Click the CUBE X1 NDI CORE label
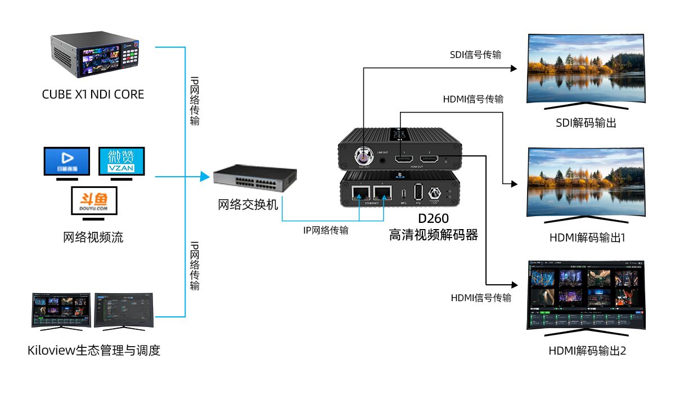pos(93,95)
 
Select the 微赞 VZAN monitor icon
pos(121,161)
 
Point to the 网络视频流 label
pos(93,238)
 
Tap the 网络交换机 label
pos(248,205)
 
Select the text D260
pos(434,218)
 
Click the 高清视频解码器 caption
pos(434,235)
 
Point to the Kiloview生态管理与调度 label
pos(94,351)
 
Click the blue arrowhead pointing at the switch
pos(204,177)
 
